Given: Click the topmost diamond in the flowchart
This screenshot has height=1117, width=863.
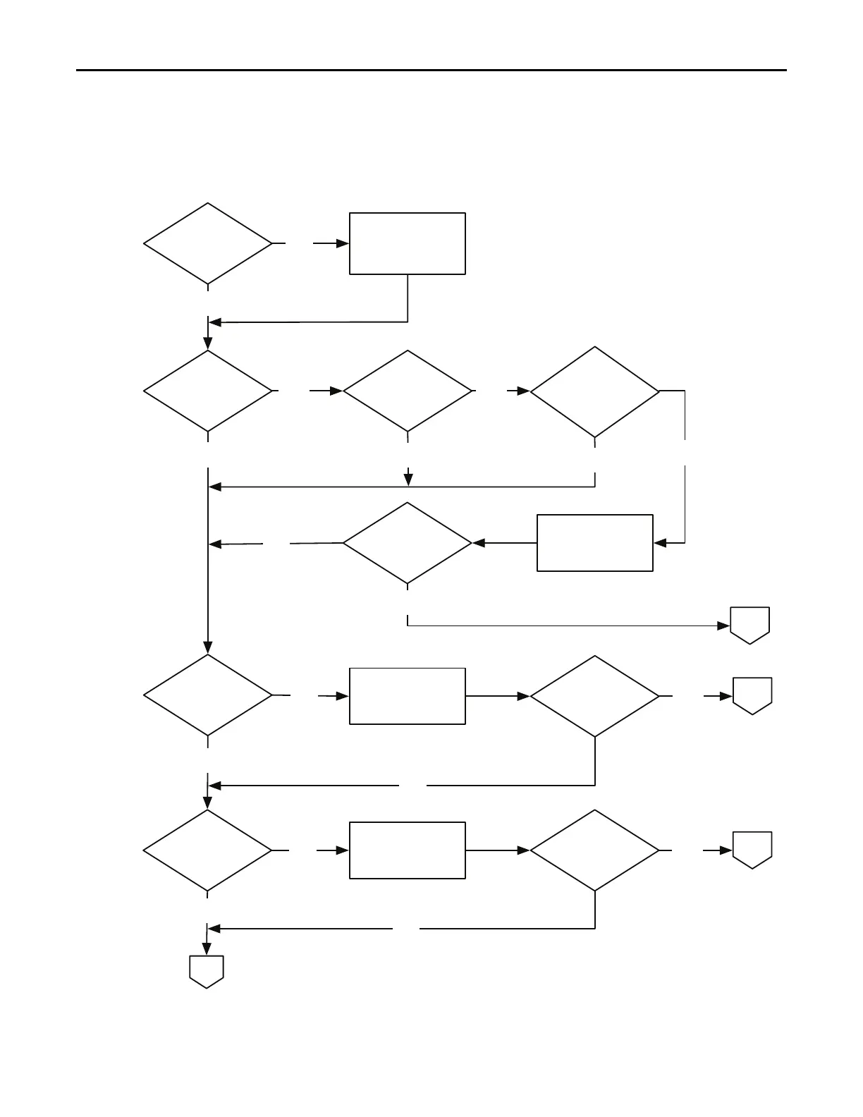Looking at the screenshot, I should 208,244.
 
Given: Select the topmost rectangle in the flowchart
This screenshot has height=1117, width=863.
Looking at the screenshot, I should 408,243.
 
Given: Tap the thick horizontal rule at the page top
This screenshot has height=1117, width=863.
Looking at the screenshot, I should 431,70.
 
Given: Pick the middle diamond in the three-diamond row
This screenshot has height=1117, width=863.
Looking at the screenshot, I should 408,391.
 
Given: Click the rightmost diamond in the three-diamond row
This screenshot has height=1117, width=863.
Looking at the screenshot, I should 594,391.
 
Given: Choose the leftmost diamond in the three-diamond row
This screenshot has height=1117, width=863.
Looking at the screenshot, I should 208,391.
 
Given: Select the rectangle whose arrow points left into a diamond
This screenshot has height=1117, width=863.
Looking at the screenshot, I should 594,543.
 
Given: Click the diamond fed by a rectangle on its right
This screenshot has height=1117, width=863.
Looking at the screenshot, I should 408,543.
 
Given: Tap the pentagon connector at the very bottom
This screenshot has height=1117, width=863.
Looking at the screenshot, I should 207,971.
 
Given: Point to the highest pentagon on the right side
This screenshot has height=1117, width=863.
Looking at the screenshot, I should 749,625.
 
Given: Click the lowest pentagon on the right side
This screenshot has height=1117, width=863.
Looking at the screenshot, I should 752,850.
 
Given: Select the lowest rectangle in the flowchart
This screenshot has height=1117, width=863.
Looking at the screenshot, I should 408,850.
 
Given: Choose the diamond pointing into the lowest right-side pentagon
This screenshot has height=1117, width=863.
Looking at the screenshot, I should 594,850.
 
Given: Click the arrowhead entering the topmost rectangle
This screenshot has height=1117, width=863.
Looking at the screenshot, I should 343,243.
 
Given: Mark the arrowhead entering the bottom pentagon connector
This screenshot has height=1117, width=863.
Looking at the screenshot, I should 207,949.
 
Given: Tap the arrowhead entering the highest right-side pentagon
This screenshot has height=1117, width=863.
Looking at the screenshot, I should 723,625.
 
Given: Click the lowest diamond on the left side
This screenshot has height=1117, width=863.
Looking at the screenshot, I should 208,850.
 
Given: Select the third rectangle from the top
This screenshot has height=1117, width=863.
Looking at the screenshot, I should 408,696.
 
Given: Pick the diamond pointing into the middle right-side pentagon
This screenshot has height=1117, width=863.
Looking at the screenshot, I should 594,696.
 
